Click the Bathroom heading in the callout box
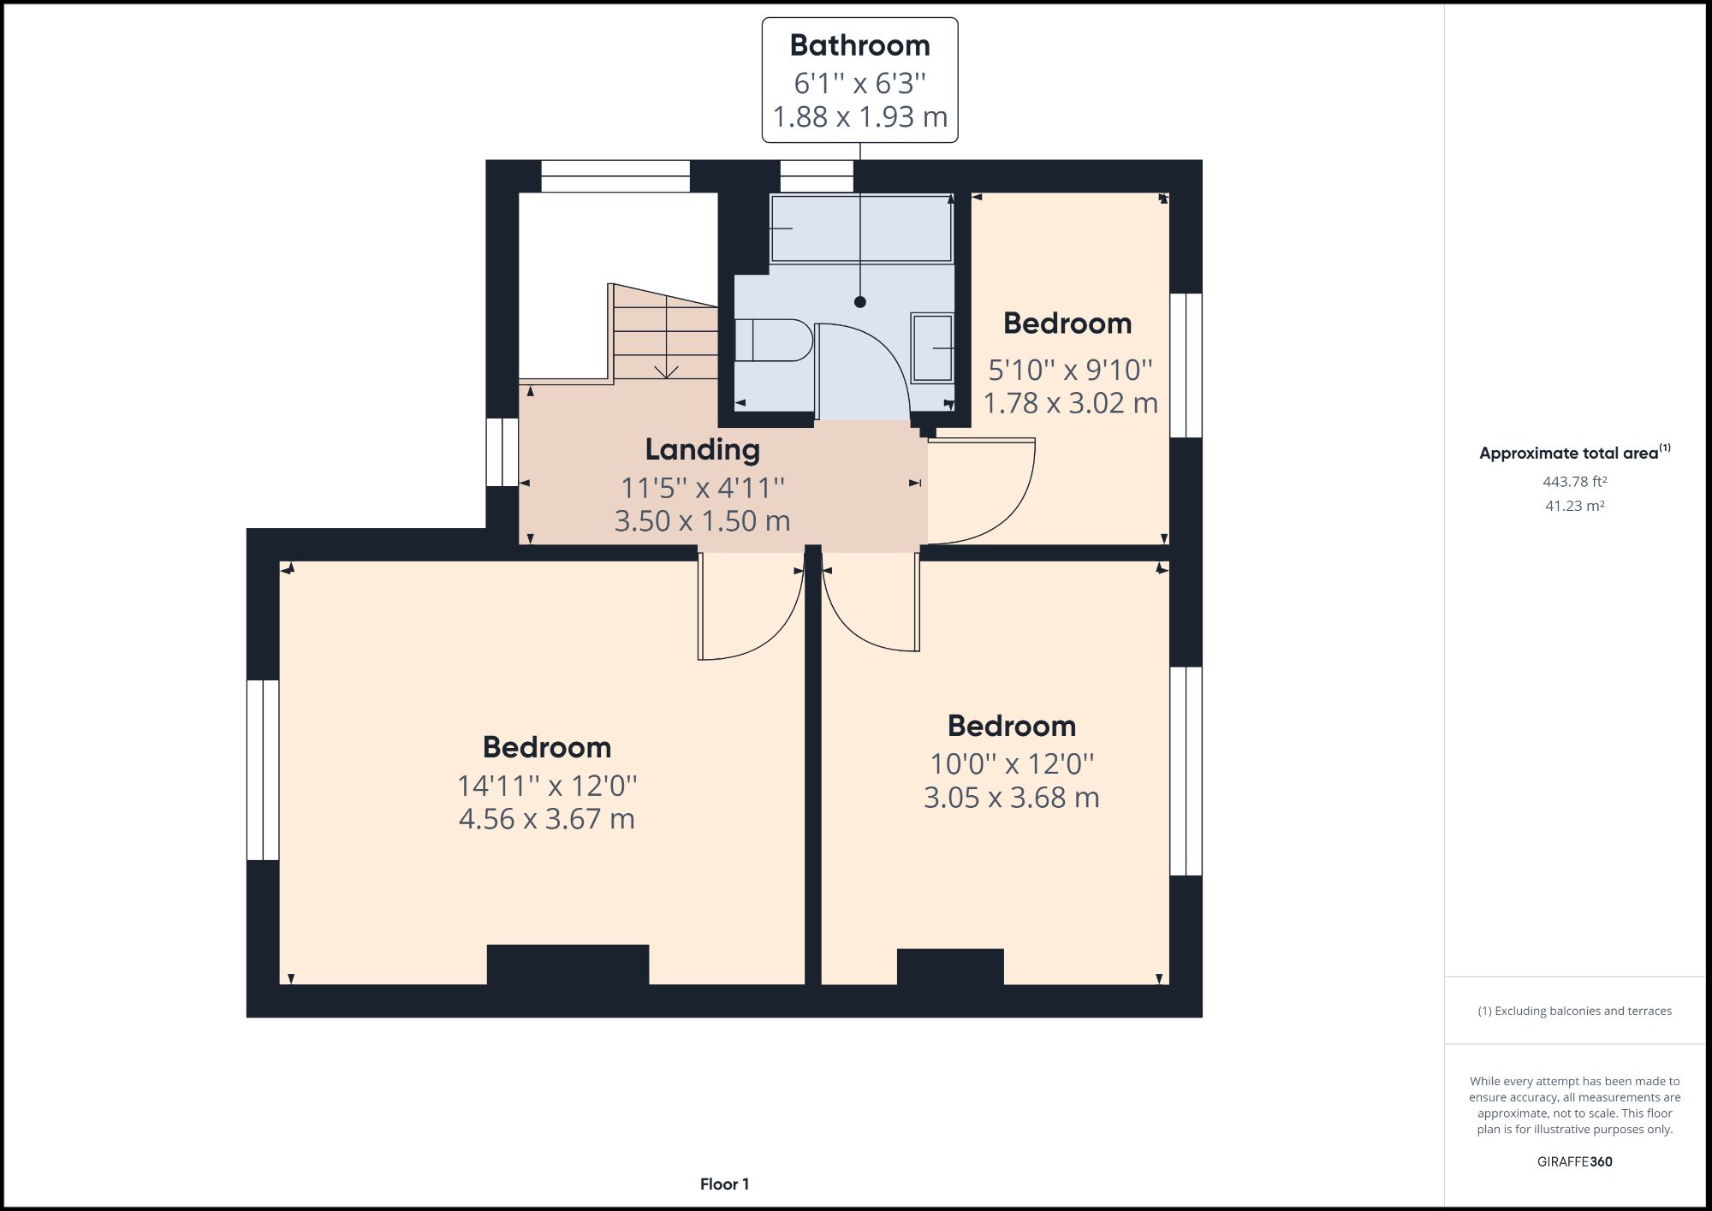859,45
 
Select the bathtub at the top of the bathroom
860,228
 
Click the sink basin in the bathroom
932,347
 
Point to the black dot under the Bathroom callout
860,302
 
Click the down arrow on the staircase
666,370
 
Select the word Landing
702,449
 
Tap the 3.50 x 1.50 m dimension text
702,520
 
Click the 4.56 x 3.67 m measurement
546,819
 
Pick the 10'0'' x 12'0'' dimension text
1011,763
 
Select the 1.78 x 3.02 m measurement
1070,403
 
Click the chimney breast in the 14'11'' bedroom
568,965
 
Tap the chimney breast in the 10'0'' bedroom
950,966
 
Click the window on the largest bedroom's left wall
263,769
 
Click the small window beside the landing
502,452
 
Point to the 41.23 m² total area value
1574,506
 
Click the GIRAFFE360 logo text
1574,1161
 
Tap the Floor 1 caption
724,1184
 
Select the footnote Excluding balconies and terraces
1574,1011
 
